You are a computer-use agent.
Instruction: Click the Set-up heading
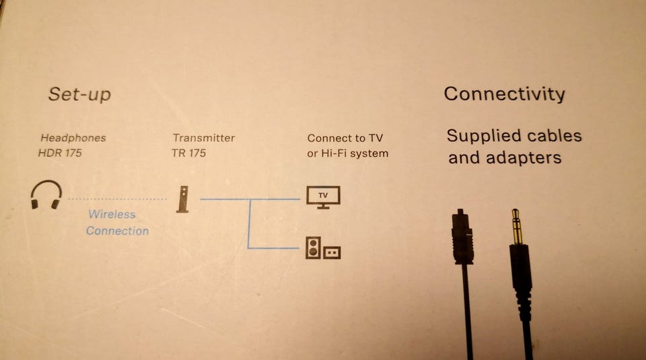[x=79, y=94]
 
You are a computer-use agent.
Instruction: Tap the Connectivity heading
[x=504, y=94]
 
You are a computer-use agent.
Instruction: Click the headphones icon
[x=46, y=194]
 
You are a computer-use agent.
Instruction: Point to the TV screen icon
[x=323, y=196]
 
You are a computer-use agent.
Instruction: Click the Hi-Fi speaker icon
[x=313, y=248]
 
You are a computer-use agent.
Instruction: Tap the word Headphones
[x=73, y=138]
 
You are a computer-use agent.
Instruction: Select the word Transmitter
[x=203, y=138]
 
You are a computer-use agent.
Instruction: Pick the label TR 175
[x=188, y=153]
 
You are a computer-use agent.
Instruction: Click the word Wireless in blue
[x=112, y=215]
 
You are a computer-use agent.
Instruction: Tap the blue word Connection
[x=117, y=231]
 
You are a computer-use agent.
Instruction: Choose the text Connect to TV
[x=345, y=138]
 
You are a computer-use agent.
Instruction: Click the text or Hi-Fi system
[x=347, y=153]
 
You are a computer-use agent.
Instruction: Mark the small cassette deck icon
[x=332, y=252]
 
